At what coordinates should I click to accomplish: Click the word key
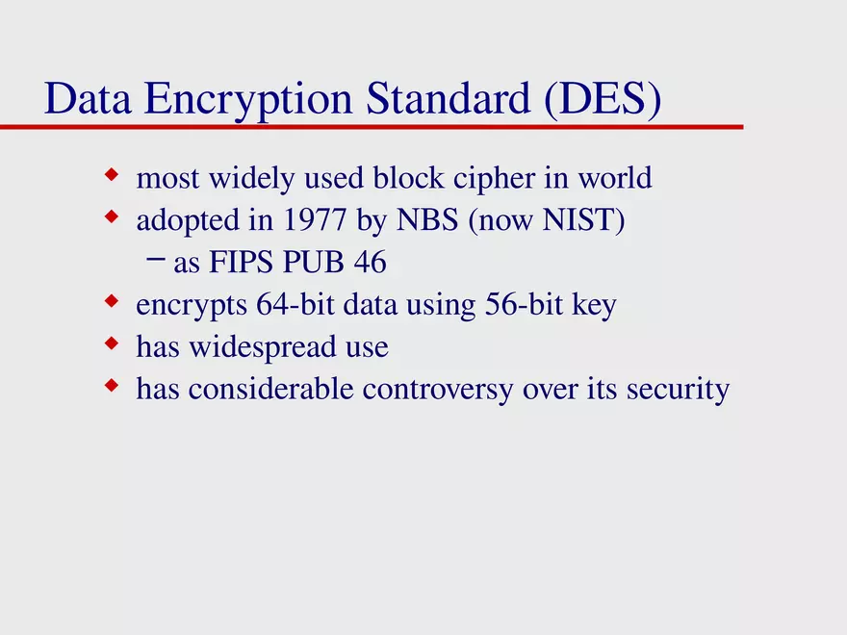[x=594, y=307]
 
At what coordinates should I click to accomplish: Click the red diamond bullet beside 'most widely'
[x=112, y=176]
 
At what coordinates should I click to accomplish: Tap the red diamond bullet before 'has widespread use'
[x=112, y=344]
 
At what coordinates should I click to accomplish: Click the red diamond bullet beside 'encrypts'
[x=112, y=303]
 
